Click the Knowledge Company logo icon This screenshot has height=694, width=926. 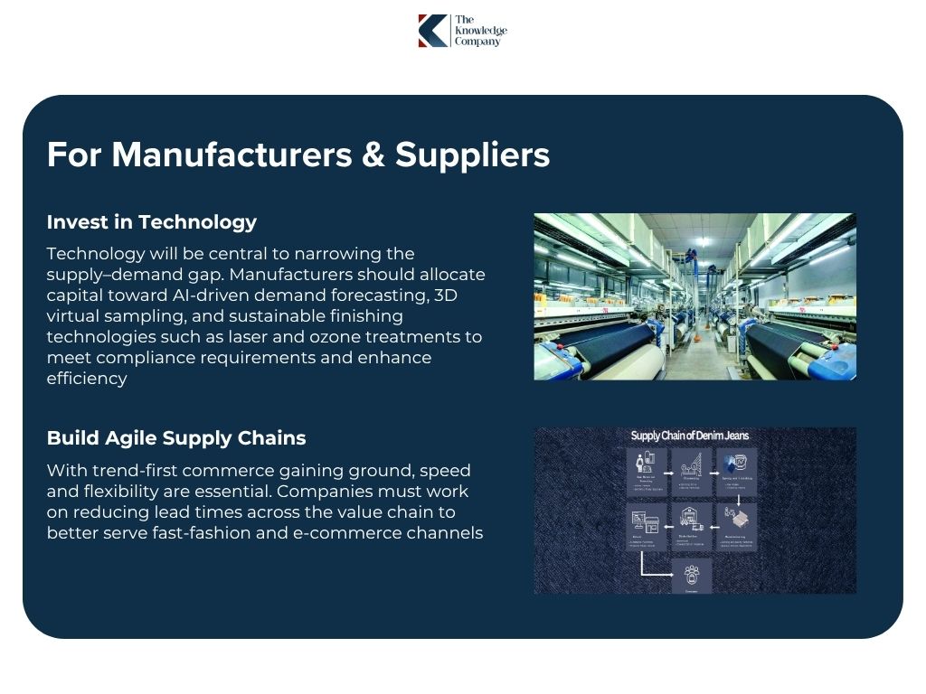432,30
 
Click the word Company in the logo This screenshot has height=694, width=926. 477,42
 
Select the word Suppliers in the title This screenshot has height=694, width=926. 472,155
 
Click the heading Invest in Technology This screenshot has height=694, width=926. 151,222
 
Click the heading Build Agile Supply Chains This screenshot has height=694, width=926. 175,438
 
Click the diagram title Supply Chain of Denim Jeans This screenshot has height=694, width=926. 689,436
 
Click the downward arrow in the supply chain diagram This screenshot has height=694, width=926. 739,499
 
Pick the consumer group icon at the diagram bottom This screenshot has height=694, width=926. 692,574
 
